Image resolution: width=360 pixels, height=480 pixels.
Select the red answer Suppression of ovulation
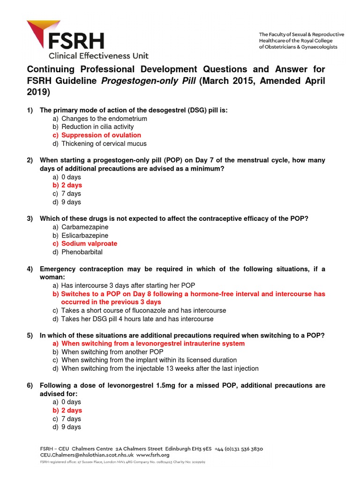tap(101, 135)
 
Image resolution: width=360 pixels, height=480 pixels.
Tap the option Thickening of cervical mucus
tap(104, 144)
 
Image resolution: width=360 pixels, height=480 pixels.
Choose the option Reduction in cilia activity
tap(97, 127)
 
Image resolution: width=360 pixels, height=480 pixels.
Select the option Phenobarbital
tap(82, 252)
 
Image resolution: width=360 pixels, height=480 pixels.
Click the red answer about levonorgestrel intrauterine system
tap(153, 344)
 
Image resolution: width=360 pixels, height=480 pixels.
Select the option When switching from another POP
tap(112, 352)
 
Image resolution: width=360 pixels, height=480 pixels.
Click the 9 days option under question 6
tap(71, 427)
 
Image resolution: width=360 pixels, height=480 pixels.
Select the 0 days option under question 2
tap(71, 177)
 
